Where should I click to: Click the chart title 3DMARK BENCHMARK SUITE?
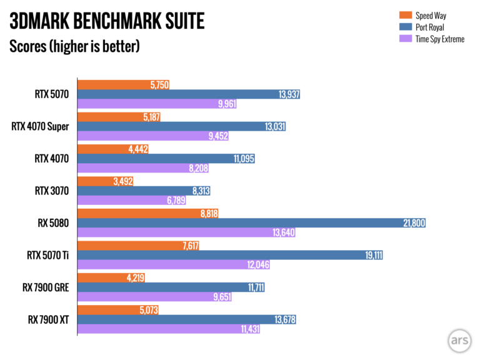(107, 22)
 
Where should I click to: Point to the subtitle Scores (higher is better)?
(74, 46)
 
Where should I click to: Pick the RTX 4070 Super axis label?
(40, 127)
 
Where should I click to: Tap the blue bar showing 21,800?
(250, 222)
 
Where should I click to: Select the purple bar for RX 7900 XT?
(168, 329)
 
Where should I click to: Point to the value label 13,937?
(288, 94)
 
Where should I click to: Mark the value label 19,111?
(373, 255)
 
